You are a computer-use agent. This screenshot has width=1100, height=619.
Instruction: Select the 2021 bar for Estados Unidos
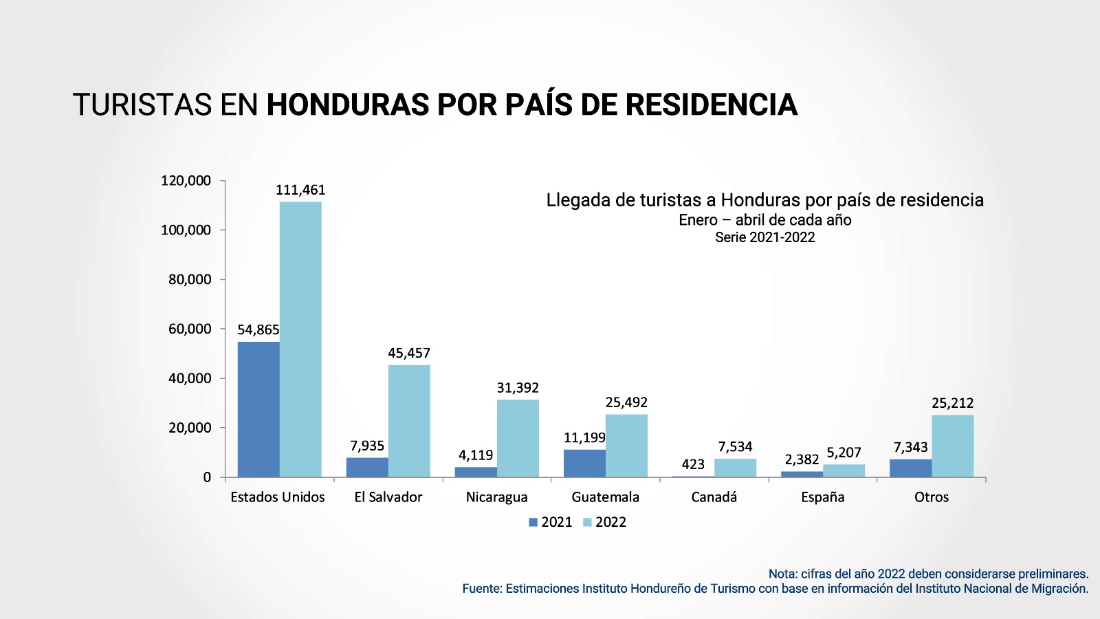click(x=258, y=409)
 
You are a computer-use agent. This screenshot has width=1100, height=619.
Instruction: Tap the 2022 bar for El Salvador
click(x=409, y=421)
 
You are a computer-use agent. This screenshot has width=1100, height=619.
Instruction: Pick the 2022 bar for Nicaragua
click(x=518, y=438)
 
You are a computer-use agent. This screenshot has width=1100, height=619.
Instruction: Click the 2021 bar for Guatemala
click(x=584, y=463)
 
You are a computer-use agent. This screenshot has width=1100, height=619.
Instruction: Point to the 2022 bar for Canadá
click(x=735, y=468)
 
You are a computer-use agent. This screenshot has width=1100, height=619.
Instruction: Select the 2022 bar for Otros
click(x=952, y=446)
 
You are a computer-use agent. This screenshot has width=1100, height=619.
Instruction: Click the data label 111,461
click(x=300, y=190)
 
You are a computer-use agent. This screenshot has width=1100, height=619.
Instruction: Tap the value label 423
click(x=693, y=464)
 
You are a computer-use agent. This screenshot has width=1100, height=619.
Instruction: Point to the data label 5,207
click(x=844, y=453)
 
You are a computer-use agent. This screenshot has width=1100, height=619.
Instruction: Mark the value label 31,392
click(x=518, y=388)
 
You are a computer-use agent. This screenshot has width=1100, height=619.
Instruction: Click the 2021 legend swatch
click(x=533, y=522)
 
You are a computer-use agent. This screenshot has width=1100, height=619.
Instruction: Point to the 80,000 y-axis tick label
click(x=190, y=279)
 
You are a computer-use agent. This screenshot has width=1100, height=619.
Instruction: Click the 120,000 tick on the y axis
click(x=186, y=180)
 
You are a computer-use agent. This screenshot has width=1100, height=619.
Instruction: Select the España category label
click(x=822, y=497)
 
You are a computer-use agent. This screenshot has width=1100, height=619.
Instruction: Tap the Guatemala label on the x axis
click(x=605, y=497)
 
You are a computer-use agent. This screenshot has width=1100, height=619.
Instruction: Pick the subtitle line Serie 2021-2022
click(x=764, y=237)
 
